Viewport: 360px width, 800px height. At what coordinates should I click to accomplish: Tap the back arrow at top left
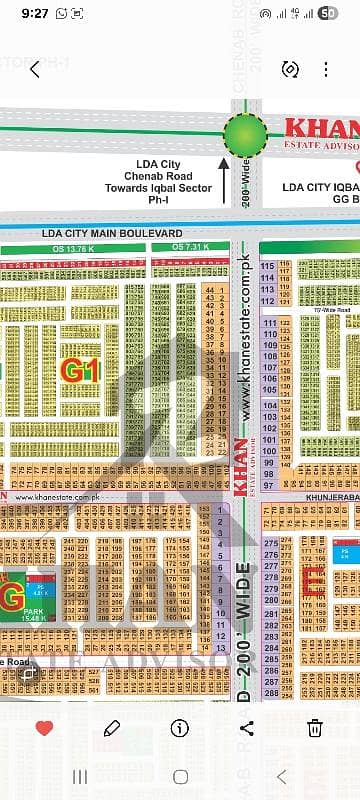click(x=35, y=69)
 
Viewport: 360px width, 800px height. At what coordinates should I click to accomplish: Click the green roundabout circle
click(x=244, y=133)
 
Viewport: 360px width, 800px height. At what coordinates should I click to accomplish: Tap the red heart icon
click(x=44, y=728)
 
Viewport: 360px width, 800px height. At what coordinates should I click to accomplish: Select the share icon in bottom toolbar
click(x=248, y=728)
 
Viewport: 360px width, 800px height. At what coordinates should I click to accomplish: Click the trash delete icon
click(x=315, y=728)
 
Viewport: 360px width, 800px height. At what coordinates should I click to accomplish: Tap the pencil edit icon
click(x=112, y=728)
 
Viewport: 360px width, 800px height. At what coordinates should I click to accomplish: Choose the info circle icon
click(x=180, y=728)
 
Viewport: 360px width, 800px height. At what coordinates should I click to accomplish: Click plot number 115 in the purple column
click(x=267, y=266)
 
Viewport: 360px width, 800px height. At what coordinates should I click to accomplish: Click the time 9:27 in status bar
click(x=33, y=13)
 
